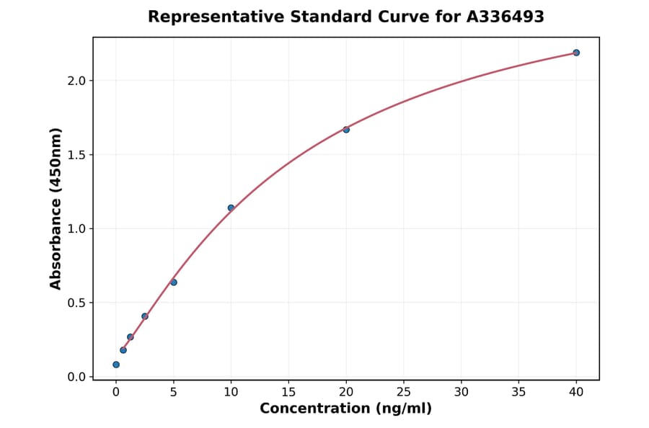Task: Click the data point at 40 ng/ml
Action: (x=576, y=53)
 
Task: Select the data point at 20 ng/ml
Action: (x=346, y=130)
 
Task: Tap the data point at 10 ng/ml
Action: (x=231, y=208)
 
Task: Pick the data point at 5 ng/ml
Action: (x=174, y=282)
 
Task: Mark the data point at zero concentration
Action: (x=116, y=365)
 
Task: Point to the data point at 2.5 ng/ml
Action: (x=145, y=316)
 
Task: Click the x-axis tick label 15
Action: (x=288, y=391)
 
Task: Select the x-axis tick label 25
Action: (x=404, y=391)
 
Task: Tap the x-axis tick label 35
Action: (x=518, y=391)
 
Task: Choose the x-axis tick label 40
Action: (x=576, y=391)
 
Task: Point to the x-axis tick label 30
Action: (x=462, y=391)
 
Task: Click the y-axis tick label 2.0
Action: (x=76, y=81)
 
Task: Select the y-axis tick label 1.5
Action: (x=76, y=155)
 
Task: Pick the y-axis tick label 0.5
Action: (x=76, y=303)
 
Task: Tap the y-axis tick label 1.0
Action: (x=76, y=229)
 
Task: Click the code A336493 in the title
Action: (x=505, y=17)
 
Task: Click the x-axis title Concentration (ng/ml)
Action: (x=345, y=409)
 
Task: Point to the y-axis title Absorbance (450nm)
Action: (x=56, y=208)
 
